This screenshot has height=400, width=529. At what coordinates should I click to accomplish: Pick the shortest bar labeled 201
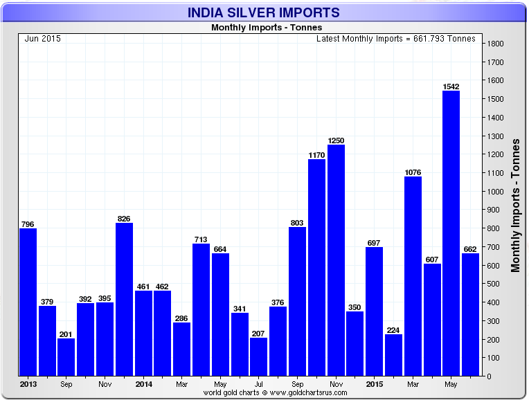point(66,357)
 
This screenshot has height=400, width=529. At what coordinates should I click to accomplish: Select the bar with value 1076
point(413,276)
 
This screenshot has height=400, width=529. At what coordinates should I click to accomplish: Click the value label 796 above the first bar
point(28,224)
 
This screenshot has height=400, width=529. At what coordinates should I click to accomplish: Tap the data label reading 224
point(393,329)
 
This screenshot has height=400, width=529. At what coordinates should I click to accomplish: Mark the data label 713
point(201,239)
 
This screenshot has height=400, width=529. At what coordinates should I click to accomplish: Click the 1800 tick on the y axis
point(495,44)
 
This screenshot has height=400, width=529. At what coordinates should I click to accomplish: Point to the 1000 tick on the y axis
point(495,192)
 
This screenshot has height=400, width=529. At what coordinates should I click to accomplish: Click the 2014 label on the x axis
point(143,383)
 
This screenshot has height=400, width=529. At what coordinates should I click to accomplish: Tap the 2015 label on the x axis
point(374,383)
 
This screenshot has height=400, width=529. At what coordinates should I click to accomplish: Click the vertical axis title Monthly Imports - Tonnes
point(516,205)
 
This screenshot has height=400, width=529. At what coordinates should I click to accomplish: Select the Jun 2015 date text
point(42,39)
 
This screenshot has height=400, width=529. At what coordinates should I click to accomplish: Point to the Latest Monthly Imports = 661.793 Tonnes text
point(395,39)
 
